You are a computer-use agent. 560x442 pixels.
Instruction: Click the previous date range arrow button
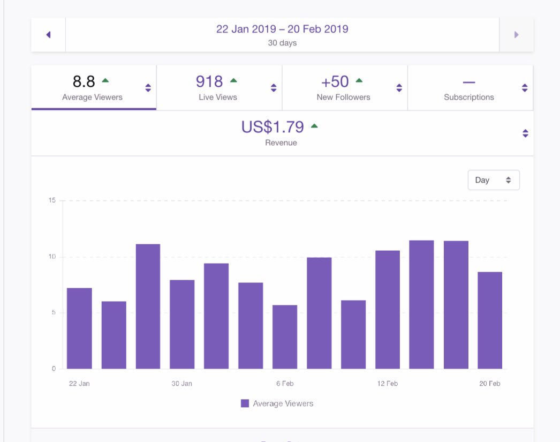click(48, 35)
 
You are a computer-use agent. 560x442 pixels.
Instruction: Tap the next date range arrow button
click(516, 35)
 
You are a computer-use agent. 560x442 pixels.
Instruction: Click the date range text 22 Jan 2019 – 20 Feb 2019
click(282, 29)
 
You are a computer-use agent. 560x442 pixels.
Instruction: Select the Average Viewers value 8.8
click(84, 81)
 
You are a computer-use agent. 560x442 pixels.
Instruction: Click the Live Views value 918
click(209, 81)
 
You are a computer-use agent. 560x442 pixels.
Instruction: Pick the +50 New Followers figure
click(335, 81)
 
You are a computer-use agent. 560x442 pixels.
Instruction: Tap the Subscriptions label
click(468, 98)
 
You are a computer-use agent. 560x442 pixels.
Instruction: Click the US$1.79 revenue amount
click(273, 127)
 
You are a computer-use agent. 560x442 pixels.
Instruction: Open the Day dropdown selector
click(493, 180)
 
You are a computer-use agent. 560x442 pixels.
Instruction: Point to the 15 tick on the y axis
click(52, 200)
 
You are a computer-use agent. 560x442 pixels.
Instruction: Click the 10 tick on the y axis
click(52, 257)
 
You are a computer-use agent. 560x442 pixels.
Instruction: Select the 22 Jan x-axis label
click(79, 384)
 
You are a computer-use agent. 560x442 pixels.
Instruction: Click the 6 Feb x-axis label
click(285, 384)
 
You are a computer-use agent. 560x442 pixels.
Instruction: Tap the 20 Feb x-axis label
click(490, 384)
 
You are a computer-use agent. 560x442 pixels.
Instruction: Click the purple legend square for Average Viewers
click(245, 403)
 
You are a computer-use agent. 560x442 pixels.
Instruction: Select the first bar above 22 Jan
click(79, 328)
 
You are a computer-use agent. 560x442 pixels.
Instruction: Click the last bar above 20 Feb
click(490, 320)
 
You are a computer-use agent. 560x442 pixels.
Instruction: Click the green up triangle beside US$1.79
click(314, 126)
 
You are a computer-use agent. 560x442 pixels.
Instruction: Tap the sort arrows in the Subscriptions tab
click(525, 88)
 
